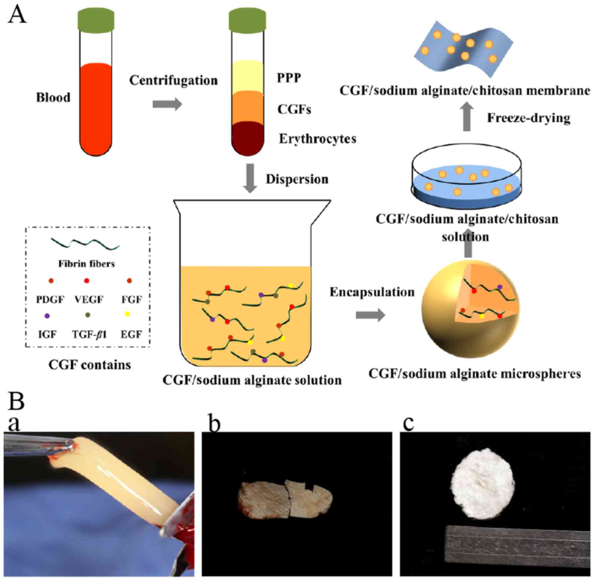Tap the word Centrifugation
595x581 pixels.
173,81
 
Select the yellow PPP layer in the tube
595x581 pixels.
248,76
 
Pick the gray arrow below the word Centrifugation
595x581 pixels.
167,104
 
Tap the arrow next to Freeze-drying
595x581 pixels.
467,117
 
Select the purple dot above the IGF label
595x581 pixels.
47,316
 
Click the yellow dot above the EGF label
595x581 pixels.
128,314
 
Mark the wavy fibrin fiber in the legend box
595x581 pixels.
85,244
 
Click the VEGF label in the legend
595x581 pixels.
89,300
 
